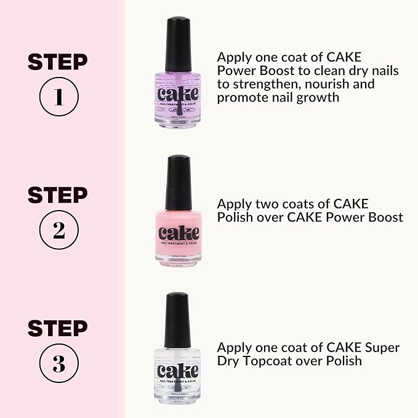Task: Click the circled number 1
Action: [58, 98]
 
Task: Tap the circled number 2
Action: [58, 230]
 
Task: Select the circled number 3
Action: [58, 363]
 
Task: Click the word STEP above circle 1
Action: [58, 62]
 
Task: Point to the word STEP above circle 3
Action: [58, 328]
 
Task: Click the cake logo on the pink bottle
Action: [179, 233]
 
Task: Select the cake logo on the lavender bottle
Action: [178, 94]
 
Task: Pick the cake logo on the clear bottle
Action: [178, 371]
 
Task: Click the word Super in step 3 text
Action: [382, 348]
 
